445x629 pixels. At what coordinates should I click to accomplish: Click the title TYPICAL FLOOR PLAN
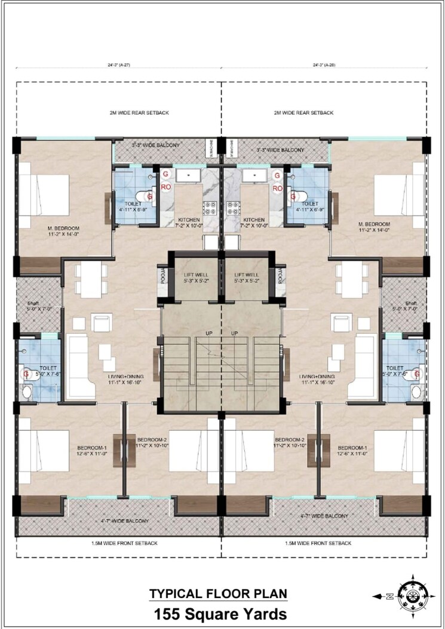coord(218,594)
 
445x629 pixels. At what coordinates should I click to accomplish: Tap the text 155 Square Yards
coord(219,613)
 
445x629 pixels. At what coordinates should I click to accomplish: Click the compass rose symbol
coord(412,596)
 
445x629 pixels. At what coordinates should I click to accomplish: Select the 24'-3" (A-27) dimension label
coord(118,65)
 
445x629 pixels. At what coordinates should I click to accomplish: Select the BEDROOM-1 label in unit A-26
coord(353,448)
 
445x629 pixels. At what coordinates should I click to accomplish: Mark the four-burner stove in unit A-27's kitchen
coord(211,208)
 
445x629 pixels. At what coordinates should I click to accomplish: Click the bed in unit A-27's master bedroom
coord(45,193)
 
